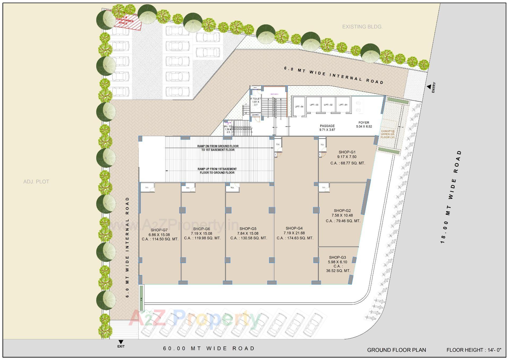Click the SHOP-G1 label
(347, 152)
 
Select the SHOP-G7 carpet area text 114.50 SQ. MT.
(160, 239)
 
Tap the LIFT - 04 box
(299, 107)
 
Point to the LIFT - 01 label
(343, 105)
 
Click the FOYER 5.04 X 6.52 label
(364, 124)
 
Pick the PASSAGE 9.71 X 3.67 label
(327, 128)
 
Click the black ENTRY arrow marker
(429, 86)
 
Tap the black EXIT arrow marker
(121, 342)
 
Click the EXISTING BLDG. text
(362, 27)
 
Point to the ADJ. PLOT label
(36, 182)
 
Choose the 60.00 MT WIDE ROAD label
(209, 348)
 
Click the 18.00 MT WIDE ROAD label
(451, 197)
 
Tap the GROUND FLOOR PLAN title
(396, 350)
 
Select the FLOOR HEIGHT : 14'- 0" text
(474, 350)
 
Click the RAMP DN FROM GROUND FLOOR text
(218, 146)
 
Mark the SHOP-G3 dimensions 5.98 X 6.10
(337, 262)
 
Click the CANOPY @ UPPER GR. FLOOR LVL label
(388, 134)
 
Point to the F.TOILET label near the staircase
(256, 99)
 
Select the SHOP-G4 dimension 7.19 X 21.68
(294, 233)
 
